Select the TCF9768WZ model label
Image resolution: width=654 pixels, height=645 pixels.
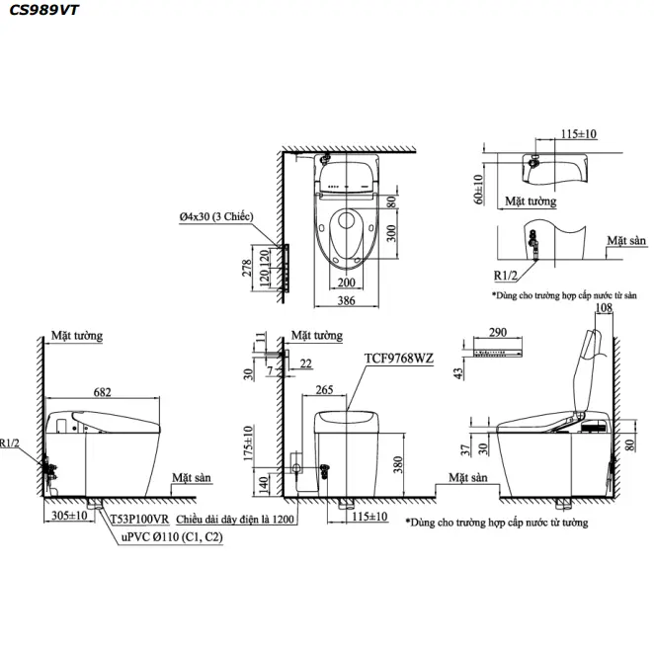pos(400,358)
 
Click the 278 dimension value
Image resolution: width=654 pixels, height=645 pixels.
pos(248,267)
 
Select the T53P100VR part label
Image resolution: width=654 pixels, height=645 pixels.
pos(138,518)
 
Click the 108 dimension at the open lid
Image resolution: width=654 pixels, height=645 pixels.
pos(606,307)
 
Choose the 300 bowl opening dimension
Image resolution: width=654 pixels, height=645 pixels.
pos(391,232)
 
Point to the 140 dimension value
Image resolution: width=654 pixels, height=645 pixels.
pos(264,484)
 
